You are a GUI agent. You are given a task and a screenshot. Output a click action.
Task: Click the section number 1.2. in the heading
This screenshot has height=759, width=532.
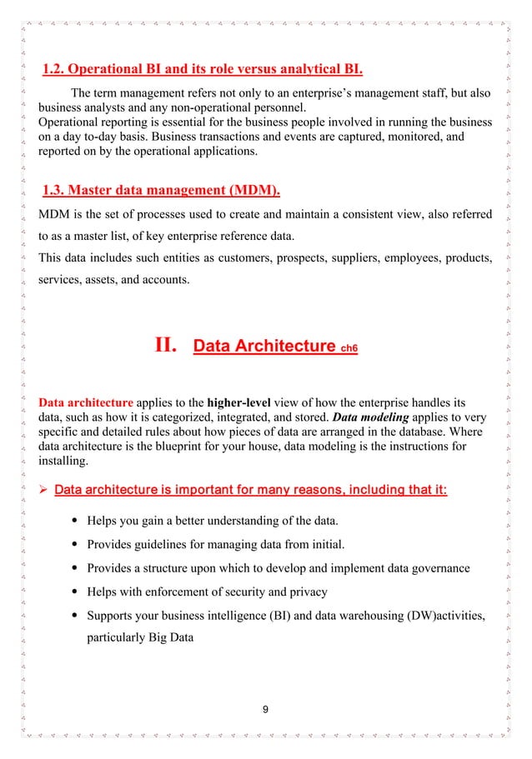[x=55, y=67]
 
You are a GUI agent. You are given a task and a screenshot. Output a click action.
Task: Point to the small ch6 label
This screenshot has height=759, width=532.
[x=349, y=347]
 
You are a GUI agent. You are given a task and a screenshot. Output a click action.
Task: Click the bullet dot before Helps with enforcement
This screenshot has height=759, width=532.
[x=65, y=593]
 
